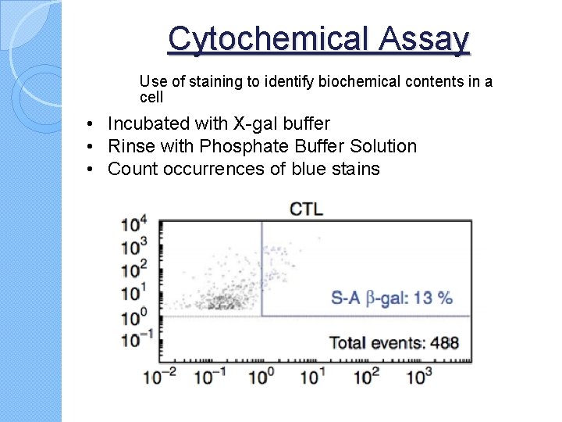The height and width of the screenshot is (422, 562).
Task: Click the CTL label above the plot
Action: click(306, 209)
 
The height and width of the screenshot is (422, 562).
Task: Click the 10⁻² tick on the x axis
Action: click(159, 377)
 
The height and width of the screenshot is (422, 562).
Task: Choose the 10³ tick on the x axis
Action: click(418, 377)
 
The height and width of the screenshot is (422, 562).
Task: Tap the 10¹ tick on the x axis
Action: click(313, 377)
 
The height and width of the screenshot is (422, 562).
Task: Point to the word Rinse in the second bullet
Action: click(130, 146)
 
